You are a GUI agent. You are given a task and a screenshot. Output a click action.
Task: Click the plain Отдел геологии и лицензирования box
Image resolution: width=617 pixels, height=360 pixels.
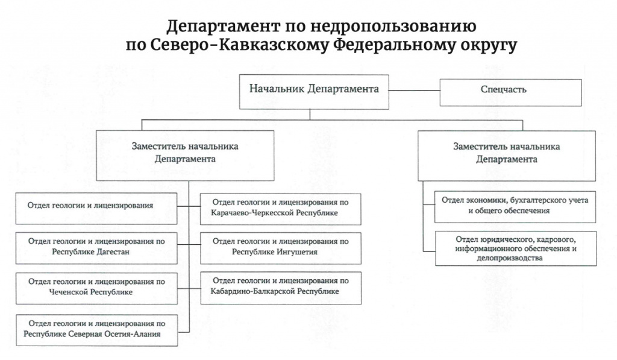pyautogui.click(x=96, y=206)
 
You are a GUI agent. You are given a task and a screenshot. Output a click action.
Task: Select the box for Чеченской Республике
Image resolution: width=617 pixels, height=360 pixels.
pyautogui.click(x=96, y=287)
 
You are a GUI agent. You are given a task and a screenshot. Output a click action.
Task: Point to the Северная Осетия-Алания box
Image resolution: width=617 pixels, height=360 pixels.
pyautogui.click(x=96, y=329)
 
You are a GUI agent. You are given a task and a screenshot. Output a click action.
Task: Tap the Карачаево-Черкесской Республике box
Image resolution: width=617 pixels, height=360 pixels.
pyautogui.click(x=280, y=207)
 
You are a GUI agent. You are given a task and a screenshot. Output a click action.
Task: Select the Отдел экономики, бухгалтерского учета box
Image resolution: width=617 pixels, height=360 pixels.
pyautogui.click(x=515, y=206)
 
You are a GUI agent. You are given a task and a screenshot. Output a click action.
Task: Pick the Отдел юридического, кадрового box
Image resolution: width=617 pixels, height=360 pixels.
pyautogui.click(x=515, y=248)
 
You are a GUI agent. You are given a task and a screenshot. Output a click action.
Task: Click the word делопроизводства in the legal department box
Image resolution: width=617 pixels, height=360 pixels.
pyautogui.click(x=515, y=257)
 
